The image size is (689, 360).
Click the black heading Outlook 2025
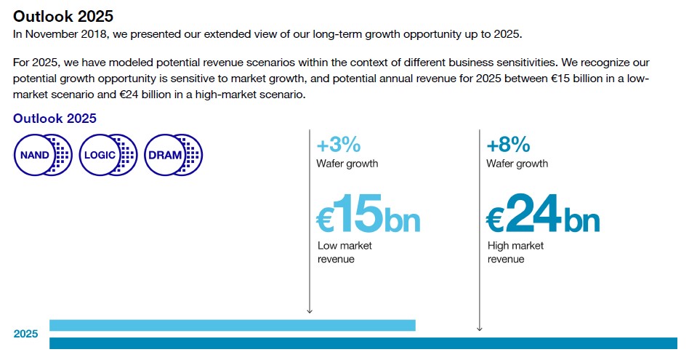(x=63, y=16)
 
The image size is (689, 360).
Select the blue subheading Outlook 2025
(x=55, y=119)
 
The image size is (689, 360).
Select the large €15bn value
(x=368, y=214)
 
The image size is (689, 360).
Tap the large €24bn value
(x=543, y=214)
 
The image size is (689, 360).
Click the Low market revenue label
(x=345, y=252)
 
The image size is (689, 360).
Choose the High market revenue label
(x=515, y=252)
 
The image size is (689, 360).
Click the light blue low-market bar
(x=232, y=325)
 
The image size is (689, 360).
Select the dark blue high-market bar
(x=363, y=343)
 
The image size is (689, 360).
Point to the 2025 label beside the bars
(x=25, y=334)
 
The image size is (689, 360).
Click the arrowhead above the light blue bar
(x=310, y=311)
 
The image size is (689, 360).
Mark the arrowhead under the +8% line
(x=479, y=329)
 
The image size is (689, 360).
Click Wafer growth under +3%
(x=347, y=164)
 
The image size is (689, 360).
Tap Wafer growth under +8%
(x=517, y=164)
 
